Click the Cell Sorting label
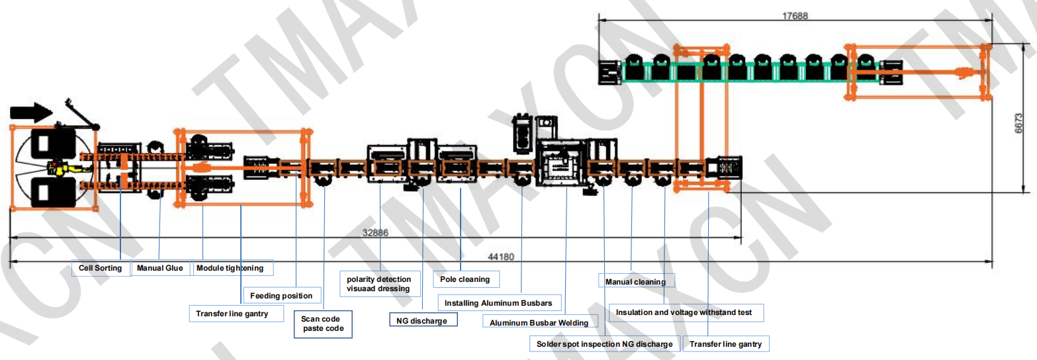coord(100,268)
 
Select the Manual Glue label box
coord(160,268)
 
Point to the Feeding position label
coord(282,295)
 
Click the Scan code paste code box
coord(323,324)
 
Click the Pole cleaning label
coord(465,279)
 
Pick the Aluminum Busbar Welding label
coord(539,322)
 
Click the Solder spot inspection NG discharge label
coord(604,344)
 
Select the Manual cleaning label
coord(635,282)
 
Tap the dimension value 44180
coord(500,257)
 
